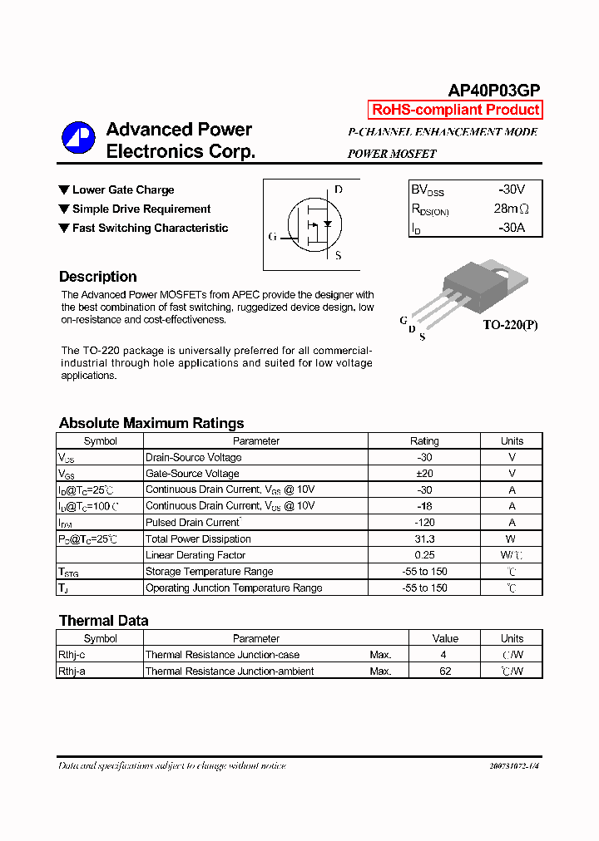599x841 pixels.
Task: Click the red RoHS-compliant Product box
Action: click(455, 110)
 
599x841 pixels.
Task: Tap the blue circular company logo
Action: click(79, 138)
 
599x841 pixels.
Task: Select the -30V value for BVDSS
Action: click(511, 189)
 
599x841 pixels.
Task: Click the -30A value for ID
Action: click(511, 228)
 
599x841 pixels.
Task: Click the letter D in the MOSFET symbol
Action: click(338, 189)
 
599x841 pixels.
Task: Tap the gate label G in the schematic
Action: click(272, 237)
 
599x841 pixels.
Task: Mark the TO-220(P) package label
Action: click(510, 325)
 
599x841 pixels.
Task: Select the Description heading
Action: click(97, 277)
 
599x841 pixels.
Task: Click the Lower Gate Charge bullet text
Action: click(123, 190)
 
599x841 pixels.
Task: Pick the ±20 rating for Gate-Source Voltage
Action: click(424, 474)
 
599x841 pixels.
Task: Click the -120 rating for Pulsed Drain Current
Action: click(424, 523)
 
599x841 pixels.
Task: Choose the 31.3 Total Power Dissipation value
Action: click(424, 539)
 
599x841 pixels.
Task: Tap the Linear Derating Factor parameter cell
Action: click(196, 555)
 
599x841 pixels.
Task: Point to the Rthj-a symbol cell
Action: click(72, 671)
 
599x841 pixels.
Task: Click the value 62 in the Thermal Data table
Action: click(445, 671)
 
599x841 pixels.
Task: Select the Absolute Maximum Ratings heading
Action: click(151, 423)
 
